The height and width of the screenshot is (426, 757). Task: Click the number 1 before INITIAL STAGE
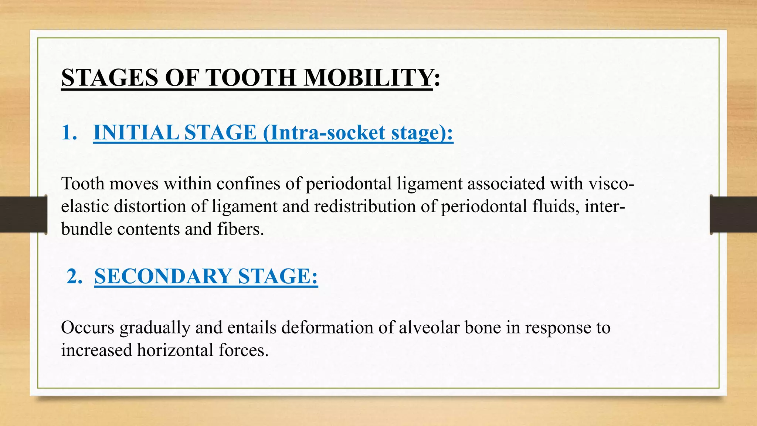(67, 132)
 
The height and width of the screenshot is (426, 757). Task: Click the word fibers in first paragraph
(240, 229)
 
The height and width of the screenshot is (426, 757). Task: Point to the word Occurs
(88, 328)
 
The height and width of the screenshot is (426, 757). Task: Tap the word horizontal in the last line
(175, 350)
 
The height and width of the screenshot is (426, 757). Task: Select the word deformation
(327, 328)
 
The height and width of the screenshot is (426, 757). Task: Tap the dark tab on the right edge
(733, 214)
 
